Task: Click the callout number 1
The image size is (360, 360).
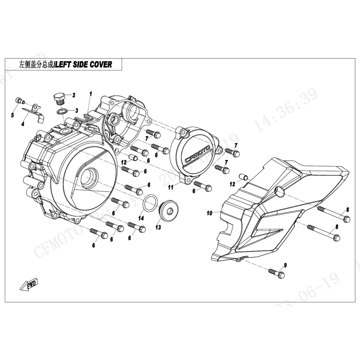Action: (x=91, y=94)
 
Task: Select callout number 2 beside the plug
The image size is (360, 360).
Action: (x=74, y=95)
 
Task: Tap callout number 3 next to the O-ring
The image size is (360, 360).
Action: (x=76, y=110)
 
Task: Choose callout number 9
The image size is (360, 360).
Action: (x=285, y=265)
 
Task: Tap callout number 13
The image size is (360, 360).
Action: (x=158, y=227)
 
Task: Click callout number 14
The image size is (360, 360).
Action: (x=140, y=218)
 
